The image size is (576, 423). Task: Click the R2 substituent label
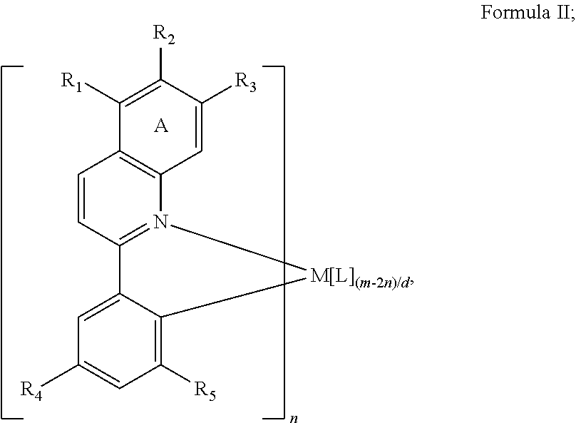tap(164, 35)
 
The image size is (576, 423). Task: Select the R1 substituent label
tap(71, 82)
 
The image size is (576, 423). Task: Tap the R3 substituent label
tap(245, 82)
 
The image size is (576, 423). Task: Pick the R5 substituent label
tap(205, 391)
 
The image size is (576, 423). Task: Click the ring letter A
tap(161, 126)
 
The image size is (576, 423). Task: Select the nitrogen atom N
tap(160, 222)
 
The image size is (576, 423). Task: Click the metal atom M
tap(319, 275)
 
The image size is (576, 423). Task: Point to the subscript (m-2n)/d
tap(382, 285)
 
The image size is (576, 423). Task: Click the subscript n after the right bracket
tap(294, 419)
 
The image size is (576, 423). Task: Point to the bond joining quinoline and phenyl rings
tap(120, 270)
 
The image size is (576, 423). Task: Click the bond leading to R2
tap(160, 63)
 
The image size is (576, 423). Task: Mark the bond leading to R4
tap(60, 376)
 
